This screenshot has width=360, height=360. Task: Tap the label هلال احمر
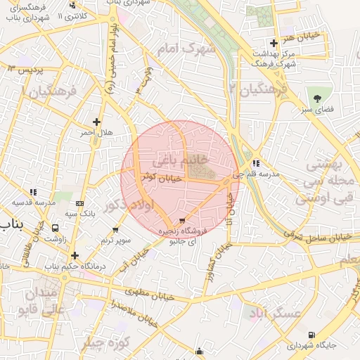pos(96,132)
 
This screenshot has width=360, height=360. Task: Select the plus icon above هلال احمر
pos(96,121)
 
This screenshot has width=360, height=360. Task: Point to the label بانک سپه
pos(79,212)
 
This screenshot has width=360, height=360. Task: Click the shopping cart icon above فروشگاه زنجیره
pos(184,219)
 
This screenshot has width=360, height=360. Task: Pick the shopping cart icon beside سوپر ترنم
pos(115,229)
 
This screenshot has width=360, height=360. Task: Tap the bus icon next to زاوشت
pos(55,229)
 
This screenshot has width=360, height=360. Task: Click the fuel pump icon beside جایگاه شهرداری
pos(311,335)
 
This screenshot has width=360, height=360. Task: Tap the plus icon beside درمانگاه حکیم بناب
pos(74,255)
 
